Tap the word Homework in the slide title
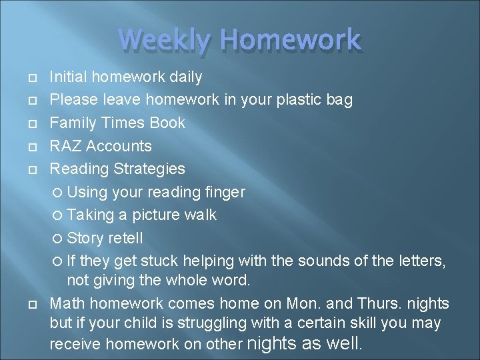(x=291, y=40)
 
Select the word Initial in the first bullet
(x=69, y=77)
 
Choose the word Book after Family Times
(x=168, y=123)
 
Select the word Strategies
(x=149, y=169)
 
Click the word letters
(x=420, y=260)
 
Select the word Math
(x=67, y=303)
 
